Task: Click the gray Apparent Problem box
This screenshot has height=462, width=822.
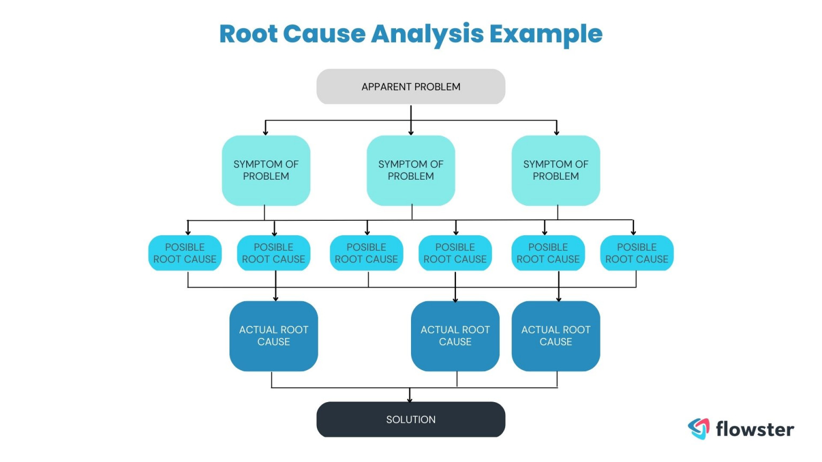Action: point(410,87)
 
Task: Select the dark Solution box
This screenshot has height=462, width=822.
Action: point(410,420)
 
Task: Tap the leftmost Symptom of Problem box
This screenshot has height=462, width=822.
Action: point(266,170)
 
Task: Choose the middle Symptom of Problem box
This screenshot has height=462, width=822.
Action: point(410,170)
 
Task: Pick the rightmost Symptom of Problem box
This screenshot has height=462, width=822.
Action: point(555,170)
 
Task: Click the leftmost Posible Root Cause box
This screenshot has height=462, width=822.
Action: point(185,253)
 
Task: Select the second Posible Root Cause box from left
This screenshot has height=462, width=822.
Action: point(273,253)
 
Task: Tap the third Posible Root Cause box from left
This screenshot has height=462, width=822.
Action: point(366,253)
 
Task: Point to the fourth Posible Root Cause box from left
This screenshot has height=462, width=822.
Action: point(455,253)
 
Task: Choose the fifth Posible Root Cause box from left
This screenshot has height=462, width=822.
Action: point(548,253)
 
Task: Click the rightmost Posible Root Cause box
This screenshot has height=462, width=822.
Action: point(637,253)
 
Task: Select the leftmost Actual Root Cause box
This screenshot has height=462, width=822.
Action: point(273,336)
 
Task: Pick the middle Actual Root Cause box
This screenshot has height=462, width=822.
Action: point(455,336)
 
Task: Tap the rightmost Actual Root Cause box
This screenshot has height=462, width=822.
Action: point(555,336)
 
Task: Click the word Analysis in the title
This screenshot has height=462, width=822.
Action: point(427,34)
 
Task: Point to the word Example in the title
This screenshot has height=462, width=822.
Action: point(546,34)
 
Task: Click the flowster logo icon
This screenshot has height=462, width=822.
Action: point(698,428)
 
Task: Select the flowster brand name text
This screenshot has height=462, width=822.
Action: point(755,429)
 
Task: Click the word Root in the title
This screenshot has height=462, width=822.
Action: point(248,34)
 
